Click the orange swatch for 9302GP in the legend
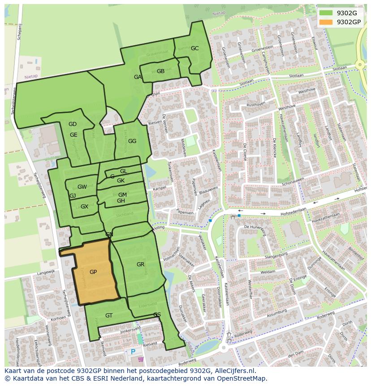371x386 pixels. click(x=326, y=22)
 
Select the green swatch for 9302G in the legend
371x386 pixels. click(x=326, y=13)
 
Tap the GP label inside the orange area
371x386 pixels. click(x=93, y=272)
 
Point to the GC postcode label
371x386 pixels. click(x=194, y=48)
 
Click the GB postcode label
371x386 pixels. click(x=160, y=71)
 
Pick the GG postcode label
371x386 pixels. click(x=132, y=141)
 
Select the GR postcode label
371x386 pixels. click(x=140, y=265)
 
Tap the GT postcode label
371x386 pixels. click(x=109, y=316)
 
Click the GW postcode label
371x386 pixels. click(x=82, y=187)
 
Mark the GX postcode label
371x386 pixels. click(x=84, y=207)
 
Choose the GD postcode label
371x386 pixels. click(x=73, y=124)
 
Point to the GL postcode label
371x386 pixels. click(x=124, y=171)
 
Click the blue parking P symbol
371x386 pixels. click(x=133, y=352)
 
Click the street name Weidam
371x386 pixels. click(x=268, y=272)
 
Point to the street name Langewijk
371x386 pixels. click(x=46, y=272)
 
